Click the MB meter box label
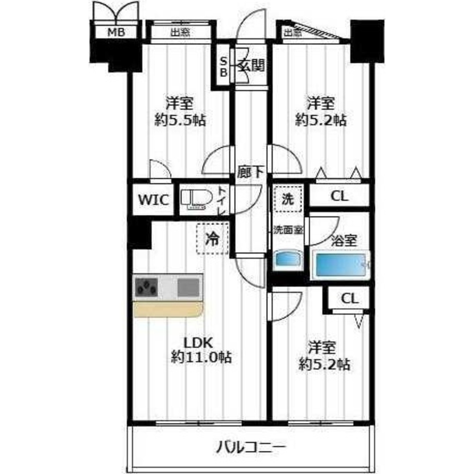116,32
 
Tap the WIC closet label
153,200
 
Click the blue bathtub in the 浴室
341,264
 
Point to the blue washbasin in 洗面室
288,259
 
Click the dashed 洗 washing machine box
288,199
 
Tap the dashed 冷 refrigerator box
212,238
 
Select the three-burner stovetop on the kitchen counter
146,287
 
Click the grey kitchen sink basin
188,287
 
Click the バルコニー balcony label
251,447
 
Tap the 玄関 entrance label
251,65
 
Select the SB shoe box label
224,67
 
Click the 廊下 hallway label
251,172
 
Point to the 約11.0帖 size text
201,357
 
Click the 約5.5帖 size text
180,120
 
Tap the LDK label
199,343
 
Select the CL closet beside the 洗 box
339,196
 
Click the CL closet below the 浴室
349,299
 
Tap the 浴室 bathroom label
344,241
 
